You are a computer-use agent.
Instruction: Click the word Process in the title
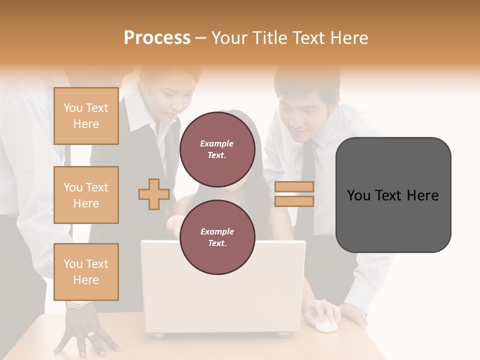(157, 38)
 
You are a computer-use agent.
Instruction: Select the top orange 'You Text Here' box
(86, 116)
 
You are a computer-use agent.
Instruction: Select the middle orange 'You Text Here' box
(86, 195)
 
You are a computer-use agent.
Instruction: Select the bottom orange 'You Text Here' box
(86, 272)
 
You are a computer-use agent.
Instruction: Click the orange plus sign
(154, 194)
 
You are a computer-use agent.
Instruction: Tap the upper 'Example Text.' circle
(217, 149)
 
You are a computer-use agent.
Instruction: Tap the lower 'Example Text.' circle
(217, 237)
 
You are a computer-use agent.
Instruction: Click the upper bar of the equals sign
(294, 186)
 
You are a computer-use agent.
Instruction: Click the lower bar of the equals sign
(294, 201)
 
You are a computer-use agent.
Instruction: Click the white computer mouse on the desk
(325, 325)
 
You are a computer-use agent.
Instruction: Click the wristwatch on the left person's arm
(77, 304)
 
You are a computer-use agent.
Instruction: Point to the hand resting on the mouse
(325, 311)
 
